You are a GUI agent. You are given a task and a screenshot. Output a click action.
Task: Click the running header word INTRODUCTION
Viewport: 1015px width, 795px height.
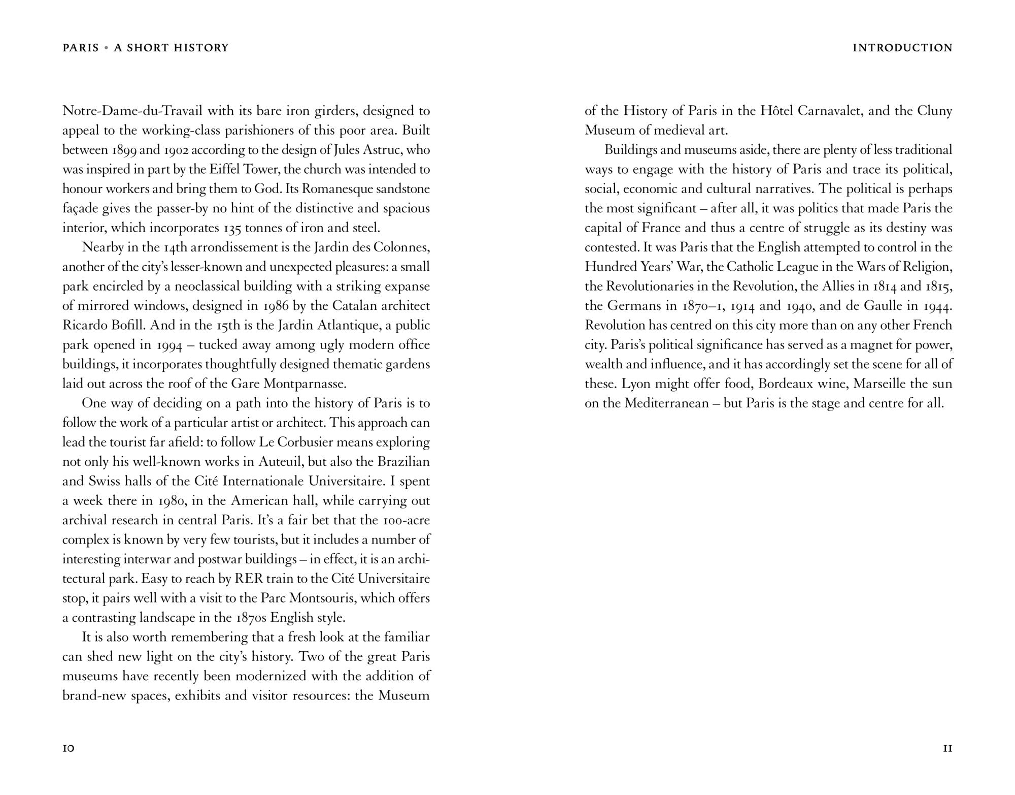(x=902, y=48)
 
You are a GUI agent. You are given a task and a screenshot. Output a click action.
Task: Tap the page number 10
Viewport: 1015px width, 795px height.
(x=69, y=748)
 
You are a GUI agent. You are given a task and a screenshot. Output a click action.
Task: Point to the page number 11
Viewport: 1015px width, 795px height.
(x=948, y=748)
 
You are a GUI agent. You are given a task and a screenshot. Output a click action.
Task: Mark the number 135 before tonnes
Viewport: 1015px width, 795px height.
(x=232, y=228)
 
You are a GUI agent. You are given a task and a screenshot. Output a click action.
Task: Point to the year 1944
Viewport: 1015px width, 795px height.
(x=936, y=306)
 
